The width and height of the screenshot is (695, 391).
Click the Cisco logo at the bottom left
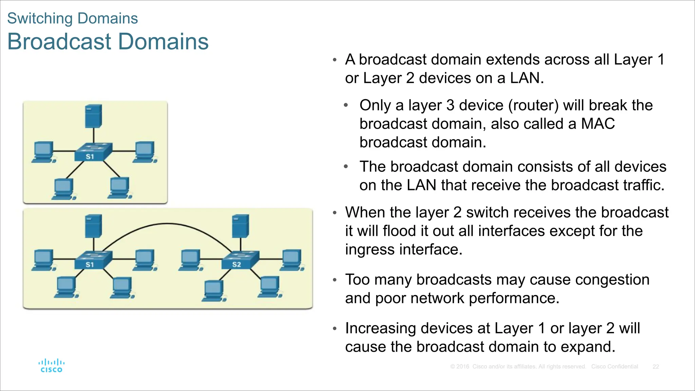pos(52,366)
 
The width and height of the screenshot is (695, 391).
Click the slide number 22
pos(656,367)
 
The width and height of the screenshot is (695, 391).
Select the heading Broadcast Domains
pos(108,41)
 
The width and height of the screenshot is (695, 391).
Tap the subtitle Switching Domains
pos(72,18)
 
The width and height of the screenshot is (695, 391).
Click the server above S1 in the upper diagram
pos(94,116)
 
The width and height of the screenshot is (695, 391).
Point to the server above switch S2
pos(241,226)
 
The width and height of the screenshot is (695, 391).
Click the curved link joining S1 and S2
pos(167,224)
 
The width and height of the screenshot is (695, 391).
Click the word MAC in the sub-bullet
pos(598,124)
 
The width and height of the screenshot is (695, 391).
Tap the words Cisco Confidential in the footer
pos(614,367)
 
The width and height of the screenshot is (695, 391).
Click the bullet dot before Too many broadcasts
pos(335,280)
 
